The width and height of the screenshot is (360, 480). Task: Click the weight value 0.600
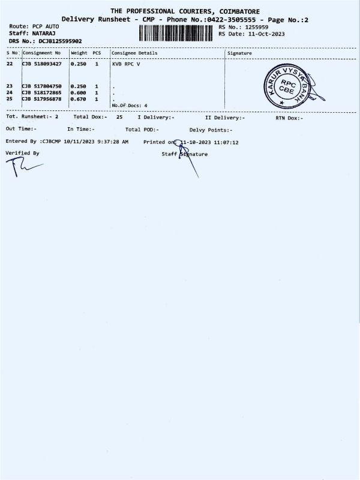(x=78, y=92)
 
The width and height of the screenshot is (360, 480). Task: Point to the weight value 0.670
(x=78, y=98)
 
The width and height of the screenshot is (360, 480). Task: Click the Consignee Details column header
(x=134, y=53)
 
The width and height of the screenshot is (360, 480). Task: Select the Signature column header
(x=240, y=53)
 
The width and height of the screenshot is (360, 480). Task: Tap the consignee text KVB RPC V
(x=125, y=63)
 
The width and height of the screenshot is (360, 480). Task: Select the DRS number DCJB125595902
(x=60, y=41)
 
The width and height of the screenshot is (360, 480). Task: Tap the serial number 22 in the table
(x=9, y=63)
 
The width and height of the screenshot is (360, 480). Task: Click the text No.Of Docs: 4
(x=130, y=105)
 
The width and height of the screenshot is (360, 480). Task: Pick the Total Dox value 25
(x=119, y=118)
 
